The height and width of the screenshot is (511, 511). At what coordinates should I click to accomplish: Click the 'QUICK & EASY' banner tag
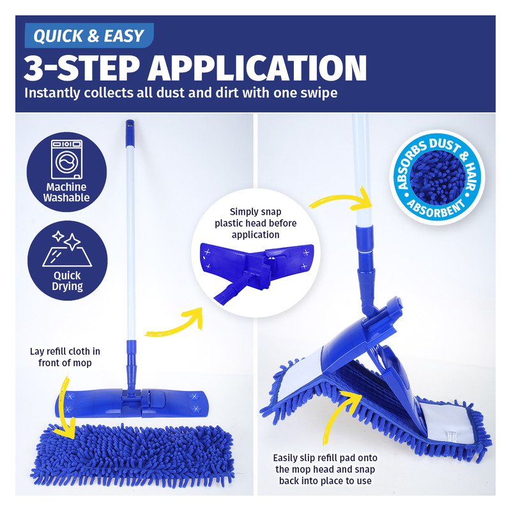(89, 36)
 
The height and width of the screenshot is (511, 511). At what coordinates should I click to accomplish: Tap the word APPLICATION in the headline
(257, 68)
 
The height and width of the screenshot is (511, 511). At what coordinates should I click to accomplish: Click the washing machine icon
(67, 159)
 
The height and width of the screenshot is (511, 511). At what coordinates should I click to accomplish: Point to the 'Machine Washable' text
(66, 192)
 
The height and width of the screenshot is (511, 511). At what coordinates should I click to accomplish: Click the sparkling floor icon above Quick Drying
(67, 248)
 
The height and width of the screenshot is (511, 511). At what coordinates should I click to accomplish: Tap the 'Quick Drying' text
(67, 281)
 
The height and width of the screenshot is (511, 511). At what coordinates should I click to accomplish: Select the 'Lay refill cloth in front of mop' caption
(65, 357)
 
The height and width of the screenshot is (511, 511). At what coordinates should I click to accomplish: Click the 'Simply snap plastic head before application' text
(256, 223)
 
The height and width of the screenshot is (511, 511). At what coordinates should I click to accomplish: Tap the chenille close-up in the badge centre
(437, 178)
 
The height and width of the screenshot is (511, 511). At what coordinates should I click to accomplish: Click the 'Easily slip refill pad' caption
(325, 469)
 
